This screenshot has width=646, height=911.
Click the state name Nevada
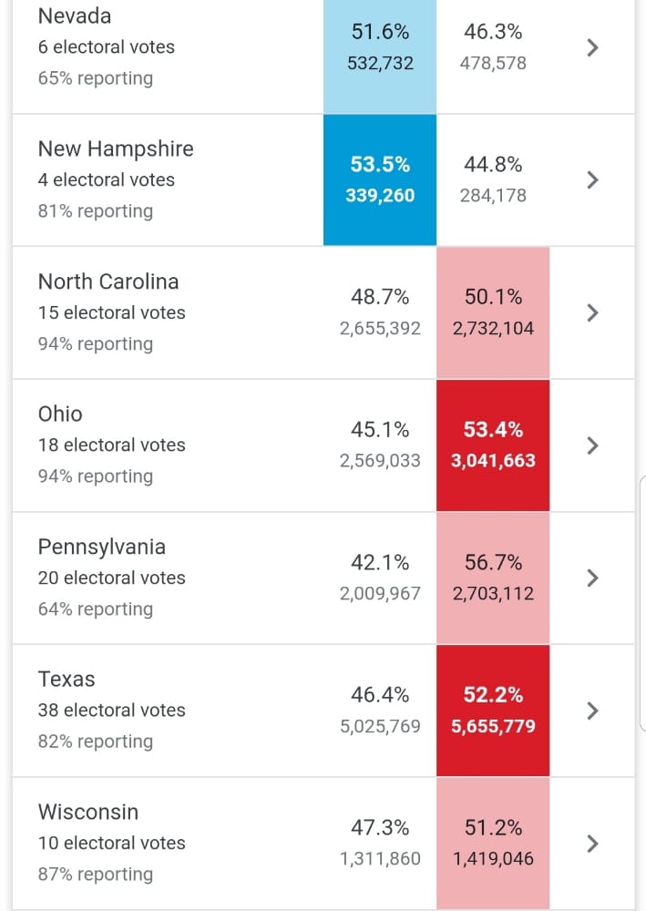[x=75, y=15]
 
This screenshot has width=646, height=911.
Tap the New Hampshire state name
[x=116, y=148]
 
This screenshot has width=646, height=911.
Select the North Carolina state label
[x=108, y=281]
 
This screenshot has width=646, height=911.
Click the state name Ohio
[x=60, y=415]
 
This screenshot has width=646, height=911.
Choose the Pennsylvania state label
[x=102, y=547]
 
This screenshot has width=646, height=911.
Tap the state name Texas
[x=67, y=680]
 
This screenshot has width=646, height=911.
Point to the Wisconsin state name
[x=88, y=812]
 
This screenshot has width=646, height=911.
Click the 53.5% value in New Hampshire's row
[x=380, y=165]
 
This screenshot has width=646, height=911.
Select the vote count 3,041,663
[x=493, y=461]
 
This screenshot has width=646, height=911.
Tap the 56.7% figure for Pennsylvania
[x=493, y=563]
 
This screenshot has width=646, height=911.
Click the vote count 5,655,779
[x=493, y=727]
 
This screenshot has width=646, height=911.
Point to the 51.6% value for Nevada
[x=380, y=32]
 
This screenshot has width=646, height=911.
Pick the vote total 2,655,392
[x=380, y=329]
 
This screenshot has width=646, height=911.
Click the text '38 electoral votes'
[x=111, y=711]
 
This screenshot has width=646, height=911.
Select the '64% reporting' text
[x=96, y=609]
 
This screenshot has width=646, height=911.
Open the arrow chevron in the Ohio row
[x=592, y=445]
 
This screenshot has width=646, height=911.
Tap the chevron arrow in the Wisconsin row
[x=592, y=844]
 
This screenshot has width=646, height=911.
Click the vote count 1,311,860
[x=380, y=859]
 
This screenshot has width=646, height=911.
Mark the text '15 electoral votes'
[x=111, y=312]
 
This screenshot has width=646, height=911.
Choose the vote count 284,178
[x=493, y=196]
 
